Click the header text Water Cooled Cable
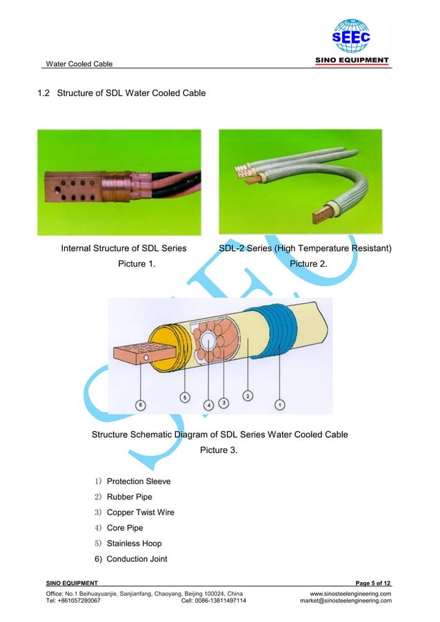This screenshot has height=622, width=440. click(x=79, y=64)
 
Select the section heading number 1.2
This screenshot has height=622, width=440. click(x=44, y=93)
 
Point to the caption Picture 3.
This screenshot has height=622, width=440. click(x=219, y=450)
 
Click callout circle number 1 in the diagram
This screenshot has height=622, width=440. click(x=280, y=405)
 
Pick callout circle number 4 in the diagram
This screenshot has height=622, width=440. click(x=209, y=405)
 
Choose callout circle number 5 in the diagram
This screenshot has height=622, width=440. click(x=184, y=397)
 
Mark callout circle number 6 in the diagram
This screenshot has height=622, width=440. click(x=141, y=405)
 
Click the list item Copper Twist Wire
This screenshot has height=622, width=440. click(x=141, y=512)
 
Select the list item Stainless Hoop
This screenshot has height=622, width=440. click(x=134, y=543)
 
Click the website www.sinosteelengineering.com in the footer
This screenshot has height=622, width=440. click(x=350, y=593)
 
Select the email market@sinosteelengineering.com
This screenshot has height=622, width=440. click(x=346, y=601)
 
